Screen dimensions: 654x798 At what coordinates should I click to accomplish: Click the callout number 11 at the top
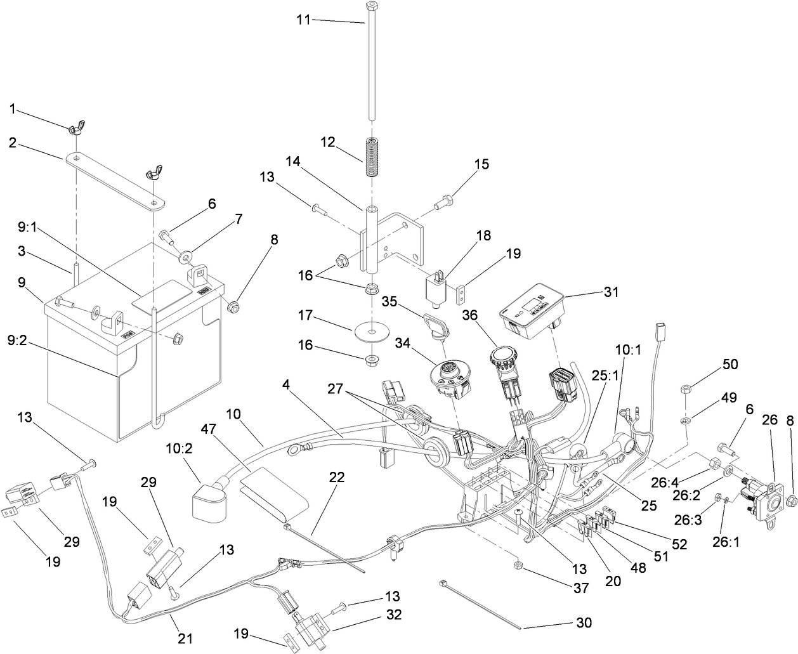pyautogui.click(x=304, y=20)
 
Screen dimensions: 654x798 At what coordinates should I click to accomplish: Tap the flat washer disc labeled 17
pyautogui.click(x=370, y=333)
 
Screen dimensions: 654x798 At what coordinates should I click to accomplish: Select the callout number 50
pyautogui.click(x=731, y=365)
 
